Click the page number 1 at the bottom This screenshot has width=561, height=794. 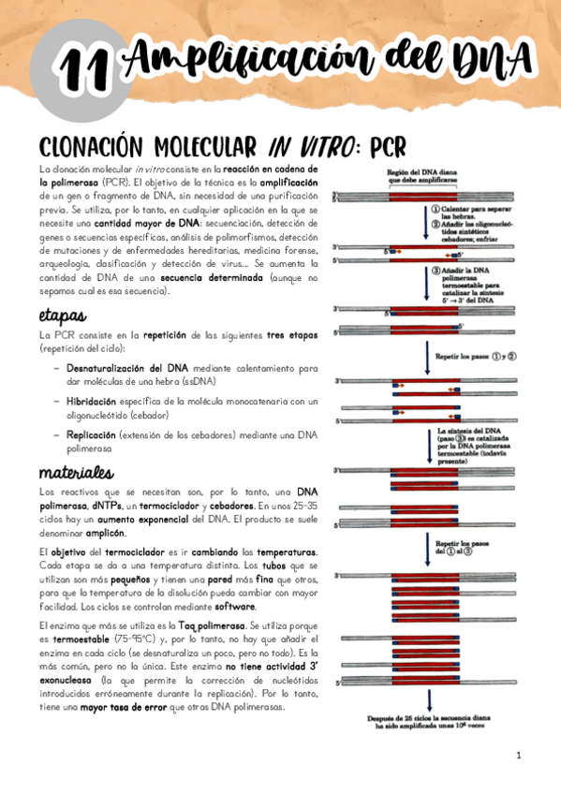point(518,755)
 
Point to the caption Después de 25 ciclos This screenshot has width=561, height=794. point(427,719)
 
